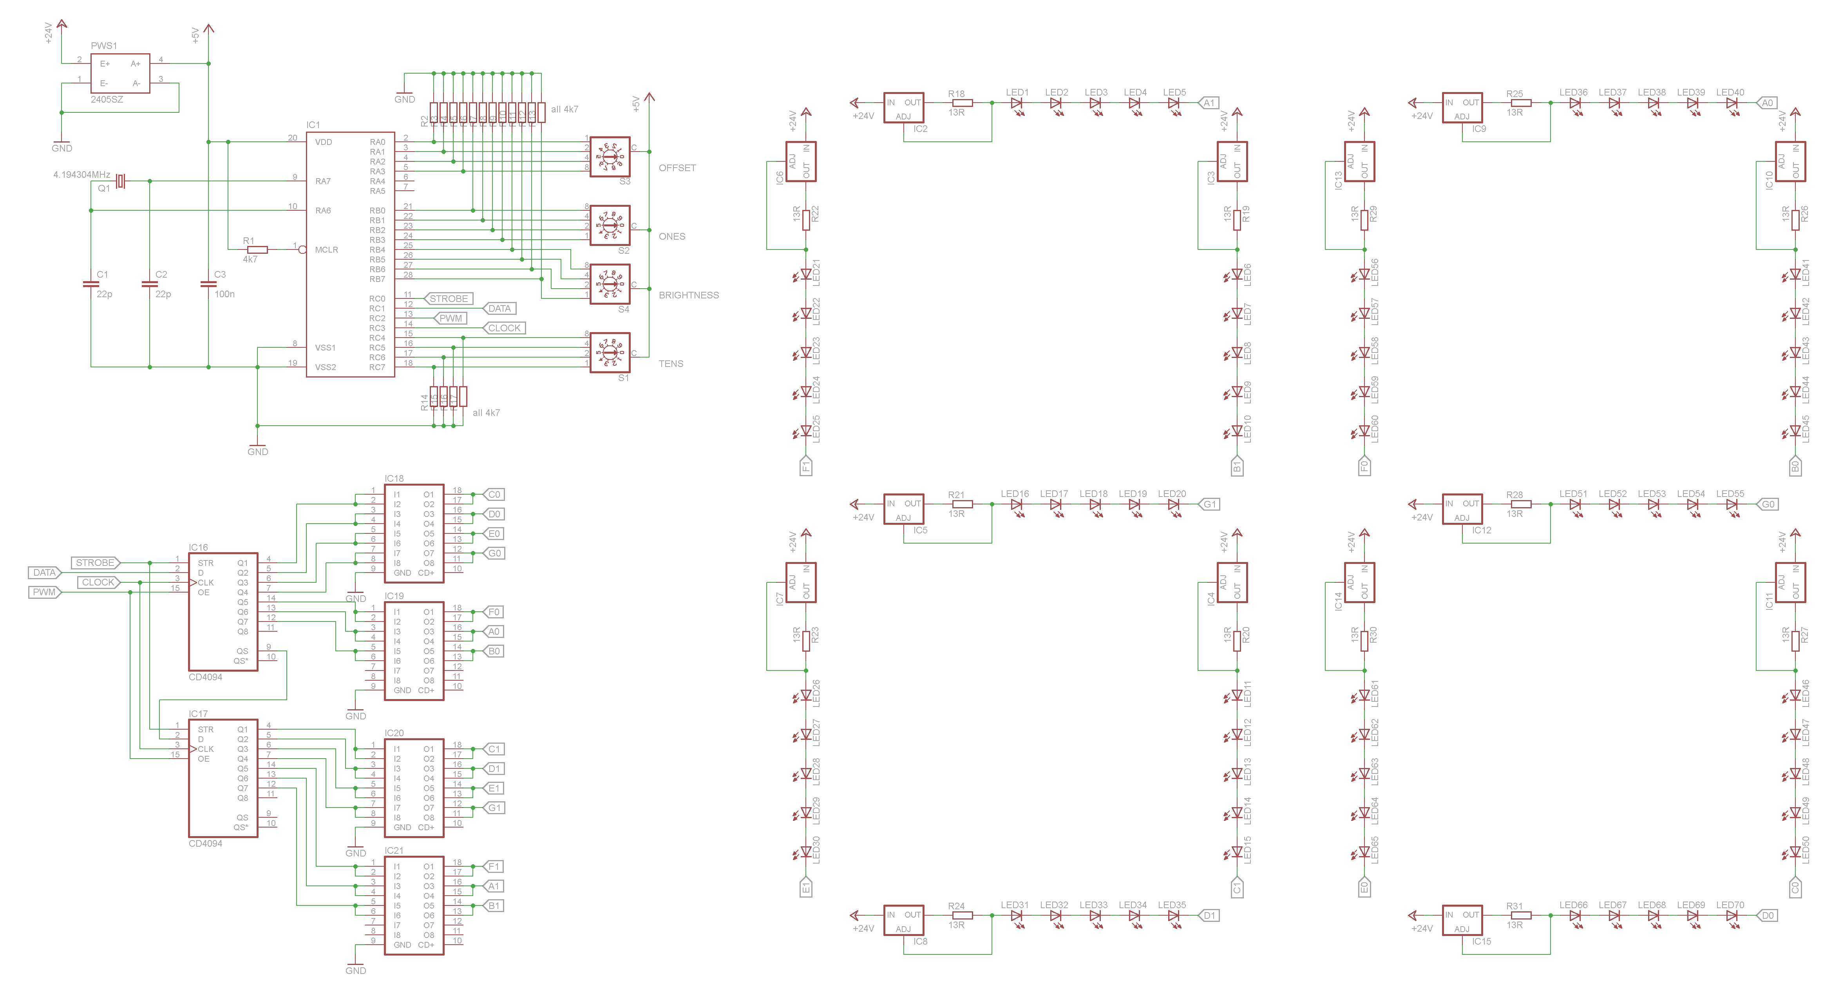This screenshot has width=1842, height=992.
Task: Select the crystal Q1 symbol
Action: [121, 182]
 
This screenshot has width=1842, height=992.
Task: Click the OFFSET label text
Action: [677, 168]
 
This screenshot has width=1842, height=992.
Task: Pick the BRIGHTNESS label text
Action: [688, 295]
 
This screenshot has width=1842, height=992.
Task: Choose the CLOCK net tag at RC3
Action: [504, 328]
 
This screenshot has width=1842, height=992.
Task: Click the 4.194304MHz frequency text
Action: [81, 174]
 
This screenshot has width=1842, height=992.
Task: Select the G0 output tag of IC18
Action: [494, 553]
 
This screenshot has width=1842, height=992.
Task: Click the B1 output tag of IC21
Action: [494, 905]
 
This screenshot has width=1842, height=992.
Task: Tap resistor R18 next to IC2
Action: [963, 103]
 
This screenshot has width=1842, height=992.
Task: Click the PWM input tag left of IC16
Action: [44, 592]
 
